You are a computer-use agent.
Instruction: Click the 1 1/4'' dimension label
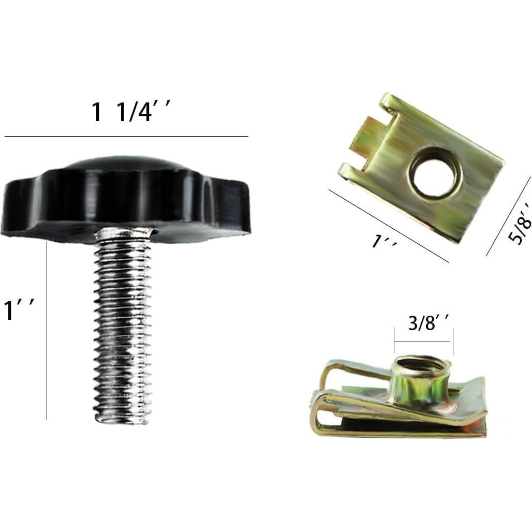tap(130, 112)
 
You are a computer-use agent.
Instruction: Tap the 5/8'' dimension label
tap(520, 223)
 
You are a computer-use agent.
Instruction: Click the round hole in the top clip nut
tap(435, 172)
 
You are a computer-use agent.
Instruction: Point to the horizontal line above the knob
tap(126, 137)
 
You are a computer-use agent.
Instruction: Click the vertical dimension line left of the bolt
tap(47, 331)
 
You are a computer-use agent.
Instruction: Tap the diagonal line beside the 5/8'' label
tap(508, 216)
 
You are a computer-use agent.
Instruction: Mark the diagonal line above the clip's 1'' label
tap(388, 226)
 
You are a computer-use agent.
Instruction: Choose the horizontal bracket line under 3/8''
tap(423, 342)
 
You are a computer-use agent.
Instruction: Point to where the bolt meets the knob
tap(124, 234)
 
